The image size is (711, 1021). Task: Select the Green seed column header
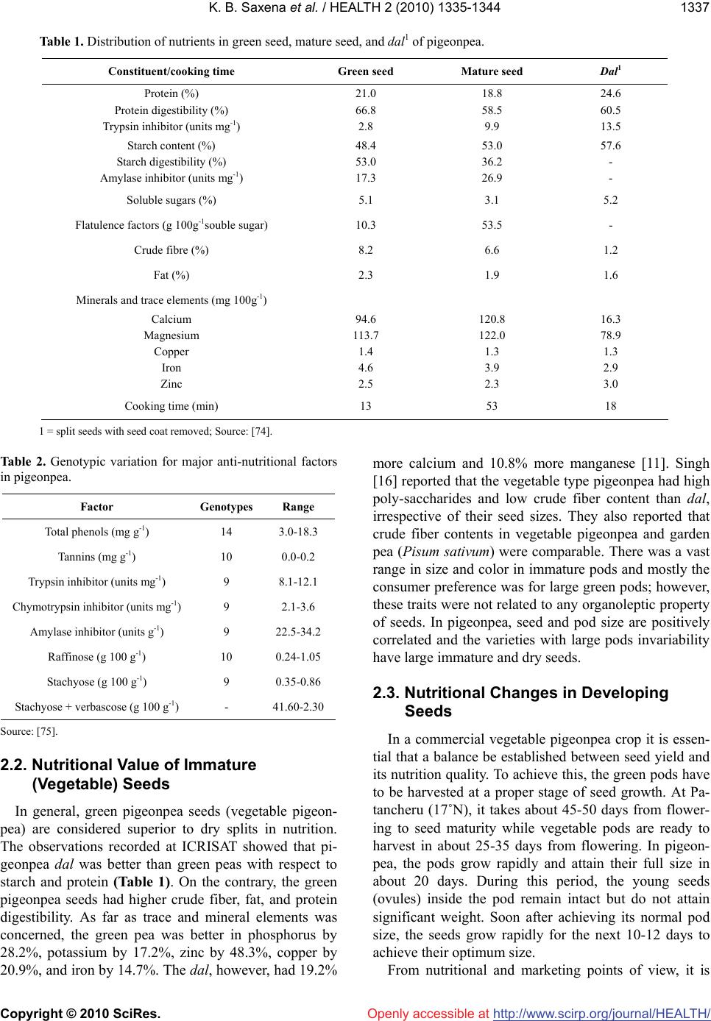coord(365,71)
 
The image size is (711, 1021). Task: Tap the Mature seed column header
coord(492,71)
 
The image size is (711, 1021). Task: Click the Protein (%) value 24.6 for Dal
coord(610,93)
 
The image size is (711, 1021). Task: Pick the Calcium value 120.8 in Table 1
coord(492,319)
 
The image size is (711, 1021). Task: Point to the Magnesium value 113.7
coord(365,335)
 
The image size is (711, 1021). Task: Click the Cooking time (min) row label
coord(171,405)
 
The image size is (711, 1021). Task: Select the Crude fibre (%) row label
coord(171,250)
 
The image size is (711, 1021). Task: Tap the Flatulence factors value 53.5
coord(492,225)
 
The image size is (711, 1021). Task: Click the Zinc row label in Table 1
coord(171,384)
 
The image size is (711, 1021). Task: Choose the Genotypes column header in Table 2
coord(226,507)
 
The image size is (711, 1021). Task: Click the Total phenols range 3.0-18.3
coord(297,532)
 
